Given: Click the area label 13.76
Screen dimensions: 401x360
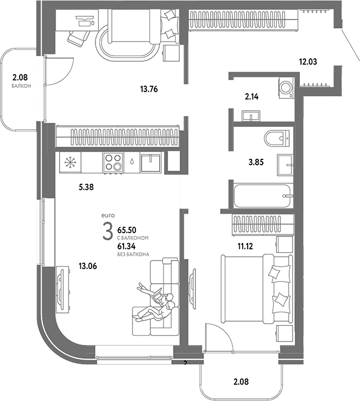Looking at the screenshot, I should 150,88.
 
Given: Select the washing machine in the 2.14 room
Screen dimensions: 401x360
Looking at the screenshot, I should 285,87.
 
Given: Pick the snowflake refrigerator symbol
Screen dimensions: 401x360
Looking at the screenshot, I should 70,163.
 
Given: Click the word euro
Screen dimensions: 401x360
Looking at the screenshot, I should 107,216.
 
